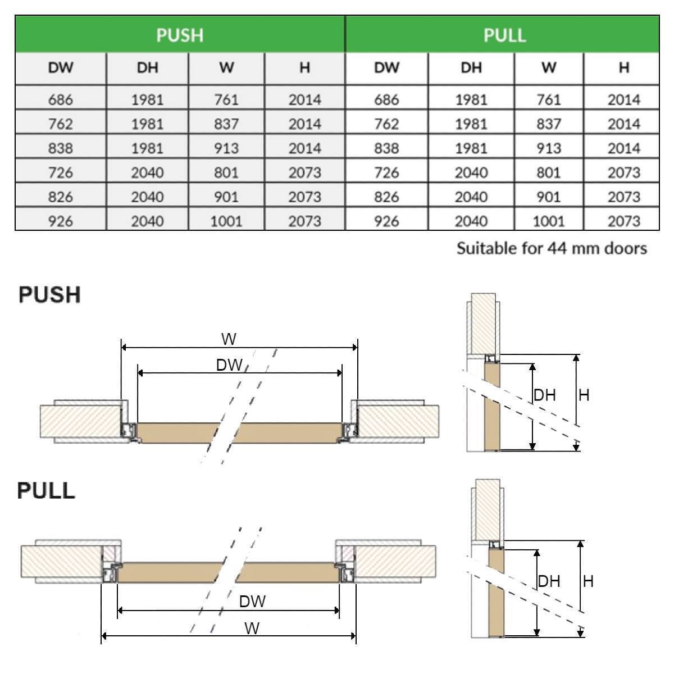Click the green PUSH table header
click(180, 35)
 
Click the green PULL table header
click(504, 35)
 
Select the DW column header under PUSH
click(61, 69)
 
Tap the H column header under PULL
click(623, 68)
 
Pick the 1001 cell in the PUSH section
click(226, 221)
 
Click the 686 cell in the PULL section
click(386, 100)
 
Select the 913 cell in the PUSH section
click(226, 148)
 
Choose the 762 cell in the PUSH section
click(61, 124)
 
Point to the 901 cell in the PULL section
click(548, 197)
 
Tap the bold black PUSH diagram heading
click(49, 294)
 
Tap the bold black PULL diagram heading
click(46, 490)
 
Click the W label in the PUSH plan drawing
click(229, 339)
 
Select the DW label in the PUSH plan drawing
click(229, 366)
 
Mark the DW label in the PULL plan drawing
click(252, 602)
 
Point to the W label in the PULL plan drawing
click(252, 628)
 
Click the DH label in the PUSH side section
click(545, 395)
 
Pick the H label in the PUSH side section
click(584, 395)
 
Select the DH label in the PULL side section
click(549, 581)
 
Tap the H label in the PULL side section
click(588, 581)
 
